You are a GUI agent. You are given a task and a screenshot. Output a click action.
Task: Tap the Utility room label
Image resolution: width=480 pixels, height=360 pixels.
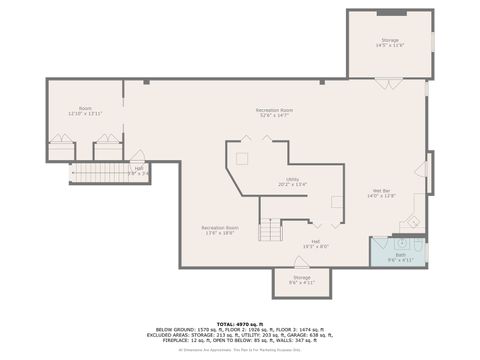292,182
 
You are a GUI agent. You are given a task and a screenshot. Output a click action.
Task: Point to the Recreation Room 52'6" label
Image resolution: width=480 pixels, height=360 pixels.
273,112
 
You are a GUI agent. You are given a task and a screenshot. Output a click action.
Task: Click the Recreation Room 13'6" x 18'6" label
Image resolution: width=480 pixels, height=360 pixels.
219,230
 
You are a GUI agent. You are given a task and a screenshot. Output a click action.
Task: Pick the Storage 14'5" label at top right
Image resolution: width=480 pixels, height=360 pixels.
389,43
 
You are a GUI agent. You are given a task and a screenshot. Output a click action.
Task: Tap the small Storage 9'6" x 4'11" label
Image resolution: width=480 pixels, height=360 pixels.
301,280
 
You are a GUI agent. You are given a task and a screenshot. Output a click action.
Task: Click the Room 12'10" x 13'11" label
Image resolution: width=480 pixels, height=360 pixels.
86,111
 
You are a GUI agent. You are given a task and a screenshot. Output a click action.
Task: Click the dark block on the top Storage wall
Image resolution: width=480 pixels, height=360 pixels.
391,12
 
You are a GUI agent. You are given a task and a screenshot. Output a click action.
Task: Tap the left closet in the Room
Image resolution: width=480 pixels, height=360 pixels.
61,145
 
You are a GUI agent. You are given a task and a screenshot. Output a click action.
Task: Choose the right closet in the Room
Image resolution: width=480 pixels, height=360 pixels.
107,145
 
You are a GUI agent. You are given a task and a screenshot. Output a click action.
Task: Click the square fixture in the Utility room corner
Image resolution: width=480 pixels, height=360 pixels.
240,158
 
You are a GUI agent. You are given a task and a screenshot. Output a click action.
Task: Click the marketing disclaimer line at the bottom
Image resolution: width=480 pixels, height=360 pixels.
239,350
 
